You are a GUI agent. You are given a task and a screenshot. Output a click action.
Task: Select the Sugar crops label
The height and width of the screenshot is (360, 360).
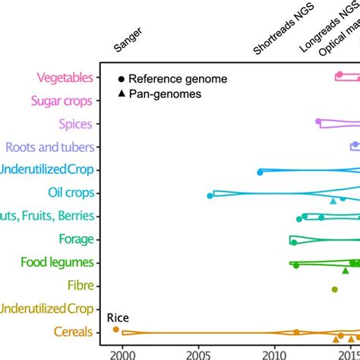pyautogui.click(x=62, y=101)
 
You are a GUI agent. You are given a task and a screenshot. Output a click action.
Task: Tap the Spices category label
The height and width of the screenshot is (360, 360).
pyautogui.click(x=75, y=124)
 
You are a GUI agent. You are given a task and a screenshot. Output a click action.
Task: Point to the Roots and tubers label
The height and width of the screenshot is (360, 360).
pyautogui.click(x=49, y=147)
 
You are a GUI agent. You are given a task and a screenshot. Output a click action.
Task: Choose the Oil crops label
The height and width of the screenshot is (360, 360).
pyautogui.click(x=71, y=194)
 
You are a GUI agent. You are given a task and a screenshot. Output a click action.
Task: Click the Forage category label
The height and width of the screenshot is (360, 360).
pyautogui.click(x=75, y=240)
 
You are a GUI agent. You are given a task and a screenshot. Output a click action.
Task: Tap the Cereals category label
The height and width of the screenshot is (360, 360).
pyautogui.click(x=74, y=332)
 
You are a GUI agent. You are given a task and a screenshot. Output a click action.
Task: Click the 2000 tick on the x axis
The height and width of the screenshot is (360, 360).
pyautogui.click(x=122, y=354)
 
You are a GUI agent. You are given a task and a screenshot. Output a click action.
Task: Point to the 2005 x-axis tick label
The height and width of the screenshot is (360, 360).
pyautogui.click(x=198, y=354)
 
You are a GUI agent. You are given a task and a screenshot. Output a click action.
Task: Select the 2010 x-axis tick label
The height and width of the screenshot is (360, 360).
pyautogui.click(x=275, y=354)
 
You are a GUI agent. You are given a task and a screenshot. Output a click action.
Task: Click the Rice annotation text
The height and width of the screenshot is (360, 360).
pyautogui.click(x=117, y=317)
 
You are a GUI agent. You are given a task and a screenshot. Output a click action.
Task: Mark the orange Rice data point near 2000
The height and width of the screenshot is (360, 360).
pyautogui.click(x=115, y=330)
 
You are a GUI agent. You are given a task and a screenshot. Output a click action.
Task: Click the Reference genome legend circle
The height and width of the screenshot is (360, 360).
pyautogui.click(x=121, y=79)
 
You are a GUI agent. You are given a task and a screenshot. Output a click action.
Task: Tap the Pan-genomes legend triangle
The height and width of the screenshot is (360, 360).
pyautogui.click(x=121, y=93)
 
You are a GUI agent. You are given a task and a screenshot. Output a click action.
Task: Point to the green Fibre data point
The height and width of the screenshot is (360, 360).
pyautogui.click(x=334, y=289)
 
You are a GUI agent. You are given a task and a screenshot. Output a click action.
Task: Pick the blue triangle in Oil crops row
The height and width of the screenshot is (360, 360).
pyautogui.click(x=333, y=201)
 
